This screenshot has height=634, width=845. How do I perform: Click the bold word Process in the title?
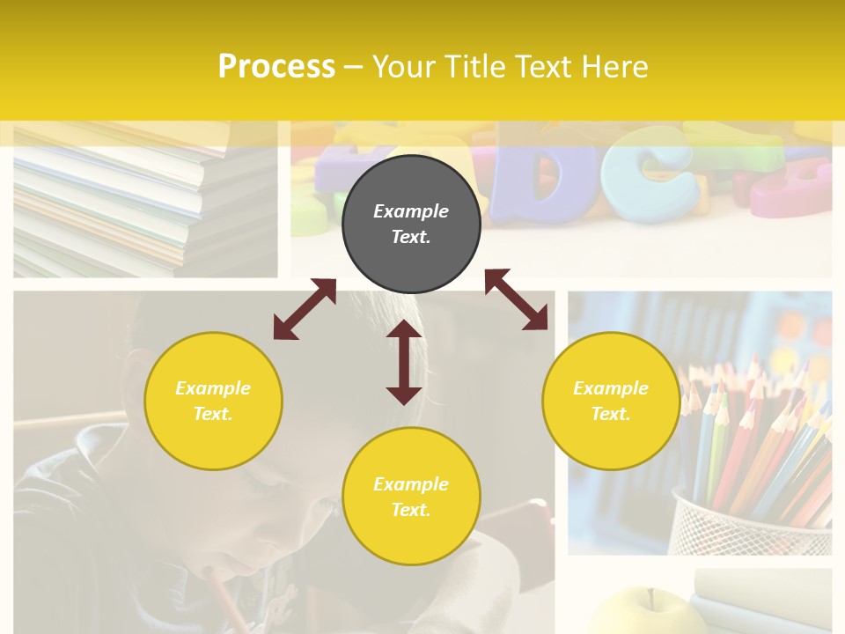(276, 67)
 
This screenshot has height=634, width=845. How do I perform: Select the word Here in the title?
(615, 67)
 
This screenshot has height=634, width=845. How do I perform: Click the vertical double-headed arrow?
(404, 362)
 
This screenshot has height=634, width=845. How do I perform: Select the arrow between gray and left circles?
(305, 309)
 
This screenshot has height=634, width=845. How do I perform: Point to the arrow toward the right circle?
(516, 299)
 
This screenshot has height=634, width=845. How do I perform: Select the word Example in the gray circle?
(411, 211)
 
